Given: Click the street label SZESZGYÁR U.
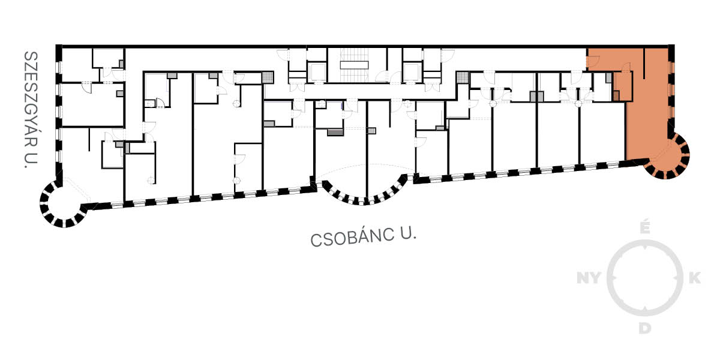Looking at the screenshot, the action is click(x=31, y=110).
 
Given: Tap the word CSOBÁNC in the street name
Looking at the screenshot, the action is click(x=352, y=237).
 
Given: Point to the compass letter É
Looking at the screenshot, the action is click(x=645, y=227).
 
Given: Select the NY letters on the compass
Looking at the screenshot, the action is click(x=589, y=278).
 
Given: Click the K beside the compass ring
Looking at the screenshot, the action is click(x=695, y=278).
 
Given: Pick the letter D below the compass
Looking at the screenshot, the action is click(x=645, y=329).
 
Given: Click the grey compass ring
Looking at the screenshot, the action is click(x=645, y=278).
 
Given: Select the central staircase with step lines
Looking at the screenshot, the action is click(x=354, y=65).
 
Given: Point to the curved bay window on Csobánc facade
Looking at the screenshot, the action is click(x=364, y=190).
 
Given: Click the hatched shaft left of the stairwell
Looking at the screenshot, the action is click(x=268, y=77).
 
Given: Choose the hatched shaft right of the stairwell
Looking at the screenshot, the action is click(x=463, y=77).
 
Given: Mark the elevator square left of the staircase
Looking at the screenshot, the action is click(x=317, y=72).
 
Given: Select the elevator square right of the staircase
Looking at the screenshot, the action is click(x=412, y=72).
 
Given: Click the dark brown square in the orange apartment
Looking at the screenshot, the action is click(x=616, y=96).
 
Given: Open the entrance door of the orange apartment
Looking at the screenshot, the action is click(x=593, y=61).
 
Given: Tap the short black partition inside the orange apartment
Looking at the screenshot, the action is click(x=644, y=64).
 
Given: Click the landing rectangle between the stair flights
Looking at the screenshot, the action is click(x=354, y=65).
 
